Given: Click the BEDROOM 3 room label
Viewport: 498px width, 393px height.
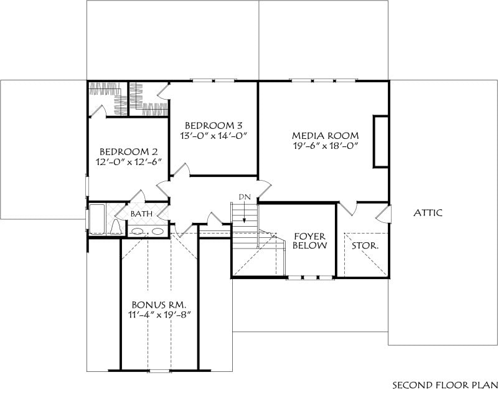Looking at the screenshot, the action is [214, 125].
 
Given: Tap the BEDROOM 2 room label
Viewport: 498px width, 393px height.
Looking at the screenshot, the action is [129, 151].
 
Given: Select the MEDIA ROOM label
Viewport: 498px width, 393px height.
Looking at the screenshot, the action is [326, 136].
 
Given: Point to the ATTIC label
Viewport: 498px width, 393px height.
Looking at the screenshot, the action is [428, 212].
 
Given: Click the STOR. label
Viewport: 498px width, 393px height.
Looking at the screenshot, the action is [365, 245].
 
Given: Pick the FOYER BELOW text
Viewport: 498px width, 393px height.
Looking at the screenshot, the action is [309, 241].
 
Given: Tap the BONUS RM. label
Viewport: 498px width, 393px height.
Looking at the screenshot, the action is [159, 305].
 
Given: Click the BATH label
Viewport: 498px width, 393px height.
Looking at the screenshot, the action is [142, 214].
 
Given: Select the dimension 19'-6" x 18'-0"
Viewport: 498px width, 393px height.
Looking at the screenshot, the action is [326, 146].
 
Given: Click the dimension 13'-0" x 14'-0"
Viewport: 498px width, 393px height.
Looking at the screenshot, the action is [214, 136].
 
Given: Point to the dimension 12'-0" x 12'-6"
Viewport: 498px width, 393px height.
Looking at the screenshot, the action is [129, 162].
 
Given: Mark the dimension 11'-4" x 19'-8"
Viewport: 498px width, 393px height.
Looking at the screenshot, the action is [159, 315].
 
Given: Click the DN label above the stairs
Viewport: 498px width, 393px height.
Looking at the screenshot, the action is [245, 197].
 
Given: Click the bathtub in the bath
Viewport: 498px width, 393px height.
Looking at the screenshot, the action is [97, 219].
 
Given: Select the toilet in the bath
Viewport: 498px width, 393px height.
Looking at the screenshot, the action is [116, 227].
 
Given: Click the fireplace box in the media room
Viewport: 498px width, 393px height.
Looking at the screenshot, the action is [380, 141].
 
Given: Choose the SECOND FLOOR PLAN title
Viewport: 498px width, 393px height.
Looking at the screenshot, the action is [445, 385].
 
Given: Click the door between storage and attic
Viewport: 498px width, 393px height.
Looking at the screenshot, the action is [384, 214].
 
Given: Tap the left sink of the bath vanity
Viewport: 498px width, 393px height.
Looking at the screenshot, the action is [138, 231].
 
